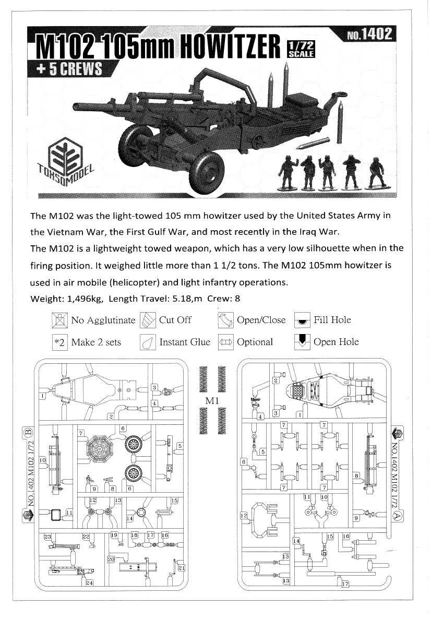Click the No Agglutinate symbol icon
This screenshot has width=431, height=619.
tap(59, 320)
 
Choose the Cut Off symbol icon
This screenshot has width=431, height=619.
tap(148, 320)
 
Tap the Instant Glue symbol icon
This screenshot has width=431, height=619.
tap(148, 343)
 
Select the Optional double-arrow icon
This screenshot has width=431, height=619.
tap(226, 342)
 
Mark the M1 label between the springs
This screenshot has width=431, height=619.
tap(212, 400)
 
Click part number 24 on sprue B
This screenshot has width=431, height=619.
tap(89, 582)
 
